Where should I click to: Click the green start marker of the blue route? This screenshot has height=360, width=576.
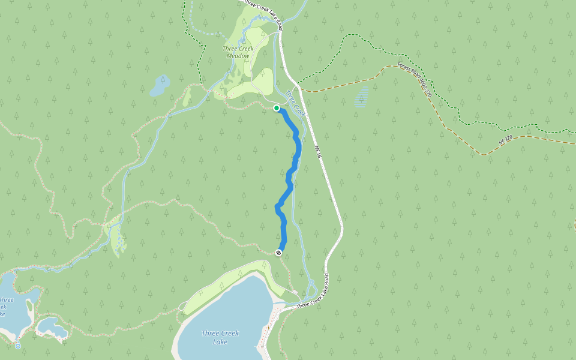pyautogui.click(x=277, y=108)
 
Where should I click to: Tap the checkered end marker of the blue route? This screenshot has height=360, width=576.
pyautogui.click(x=279, y=253)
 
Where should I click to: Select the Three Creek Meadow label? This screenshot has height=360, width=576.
pyautogui.click(x=238, y=52)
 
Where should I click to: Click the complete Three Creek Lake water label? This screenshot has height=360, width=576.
pyautogui.click(x=220, y=337)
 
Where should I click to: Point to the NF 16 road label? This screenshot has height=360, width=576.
pyautogui.click(x=319, y=152)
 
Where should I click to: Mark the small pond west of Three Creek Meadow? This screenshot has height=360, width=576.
pyautogui.click(x=160, y=86)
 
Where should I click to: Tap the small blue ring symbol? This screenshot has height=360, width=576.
pyautogui.click(x=18, y=346)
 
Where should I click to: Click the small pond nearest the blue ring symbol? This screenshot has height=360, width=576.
pyautogui.click(x=52, y=328)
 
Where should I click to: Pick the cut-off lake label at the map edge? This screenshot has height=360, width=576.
pyautogui.click(x=5, y=307)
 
